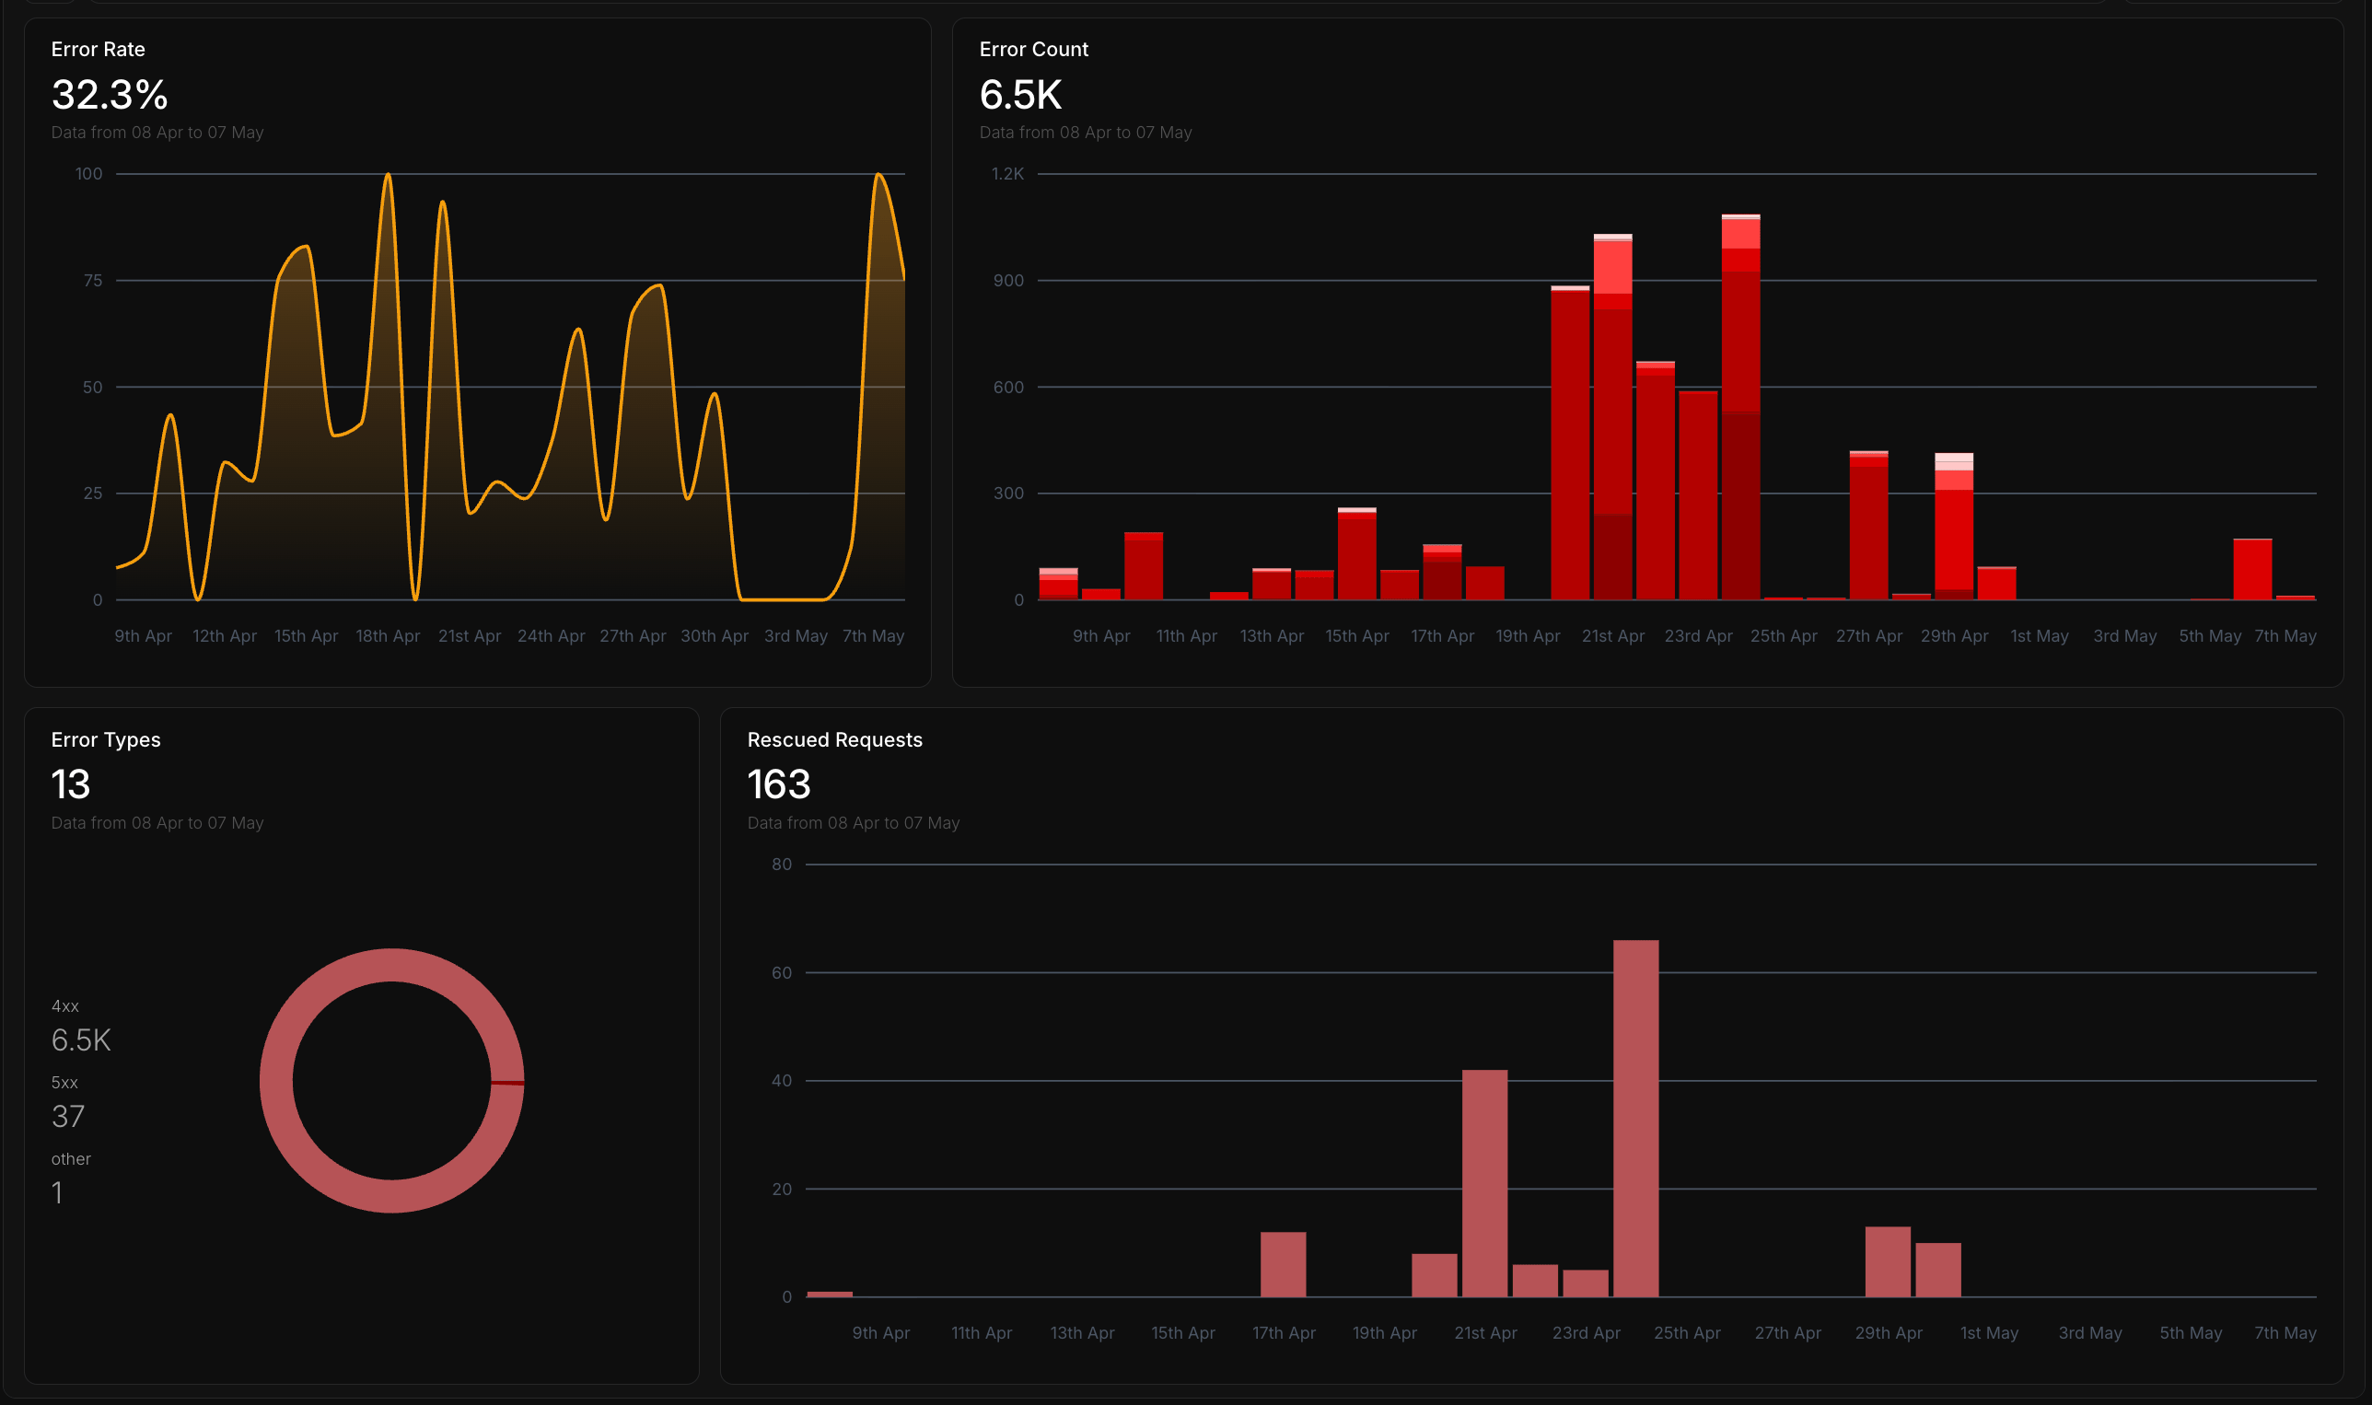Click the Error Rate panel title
[98, 49]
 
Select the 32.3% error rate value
[110, 95]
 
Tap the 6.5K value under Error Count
[1021, 95]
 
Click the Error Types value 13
[71, 784]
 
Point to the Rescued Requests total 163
[778, 784]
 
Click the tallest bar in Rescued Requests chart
[1635, 1118]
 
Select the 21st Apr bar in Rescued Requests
[1484, 1183]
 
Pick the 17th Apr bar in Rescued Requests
[1283, 1264]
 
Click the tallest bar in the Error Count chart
[1740, 407]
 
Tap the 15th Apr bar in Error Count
[1357, 554]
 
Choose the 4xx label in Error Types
[65, 1005]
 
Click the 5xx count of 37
[68, 1116]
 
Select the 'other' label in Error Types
[71, 1159]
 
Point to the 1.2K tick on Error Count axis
[1007, 173]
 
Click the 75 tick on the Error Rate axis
[93, 280]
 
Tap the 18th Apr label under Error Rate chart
[388, 636]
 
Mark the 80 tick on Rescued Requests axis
[781, 864]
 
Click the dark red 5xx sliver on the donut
[507, 1083]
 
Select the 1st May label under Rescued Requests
[1989, 1333]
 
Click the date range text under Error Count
[1085, 133]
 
